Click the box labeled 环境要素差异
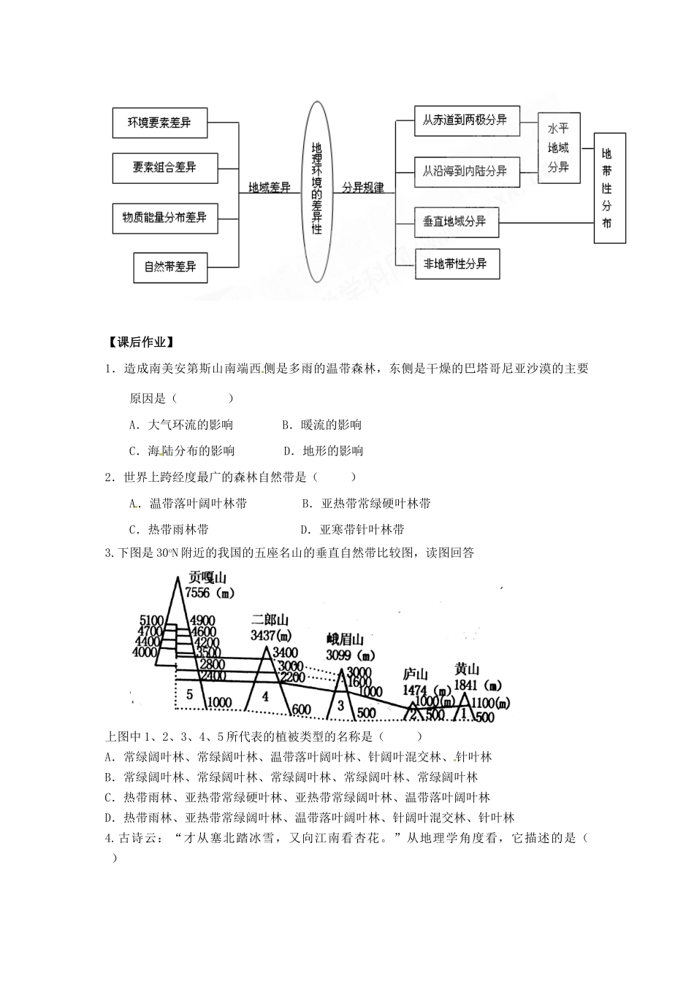pos(160,123)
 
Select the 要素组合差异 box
pos(165,168)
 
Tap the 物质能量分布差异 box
pos(165,218)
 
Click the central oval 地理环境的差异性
pos(316,191)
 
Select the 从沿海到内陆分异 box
pos(466,172)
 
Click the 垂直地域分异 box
pos(456,221)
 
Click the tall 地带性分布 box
pos(609,188)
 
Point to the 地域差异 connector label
pos(270,188)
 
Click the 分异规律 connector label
pos(363,188)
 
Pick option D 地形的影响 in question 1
pos(324,451)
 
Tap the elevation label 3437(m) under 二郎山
pos(271,634)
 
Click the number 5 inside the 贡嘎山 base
pos(189,693)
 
